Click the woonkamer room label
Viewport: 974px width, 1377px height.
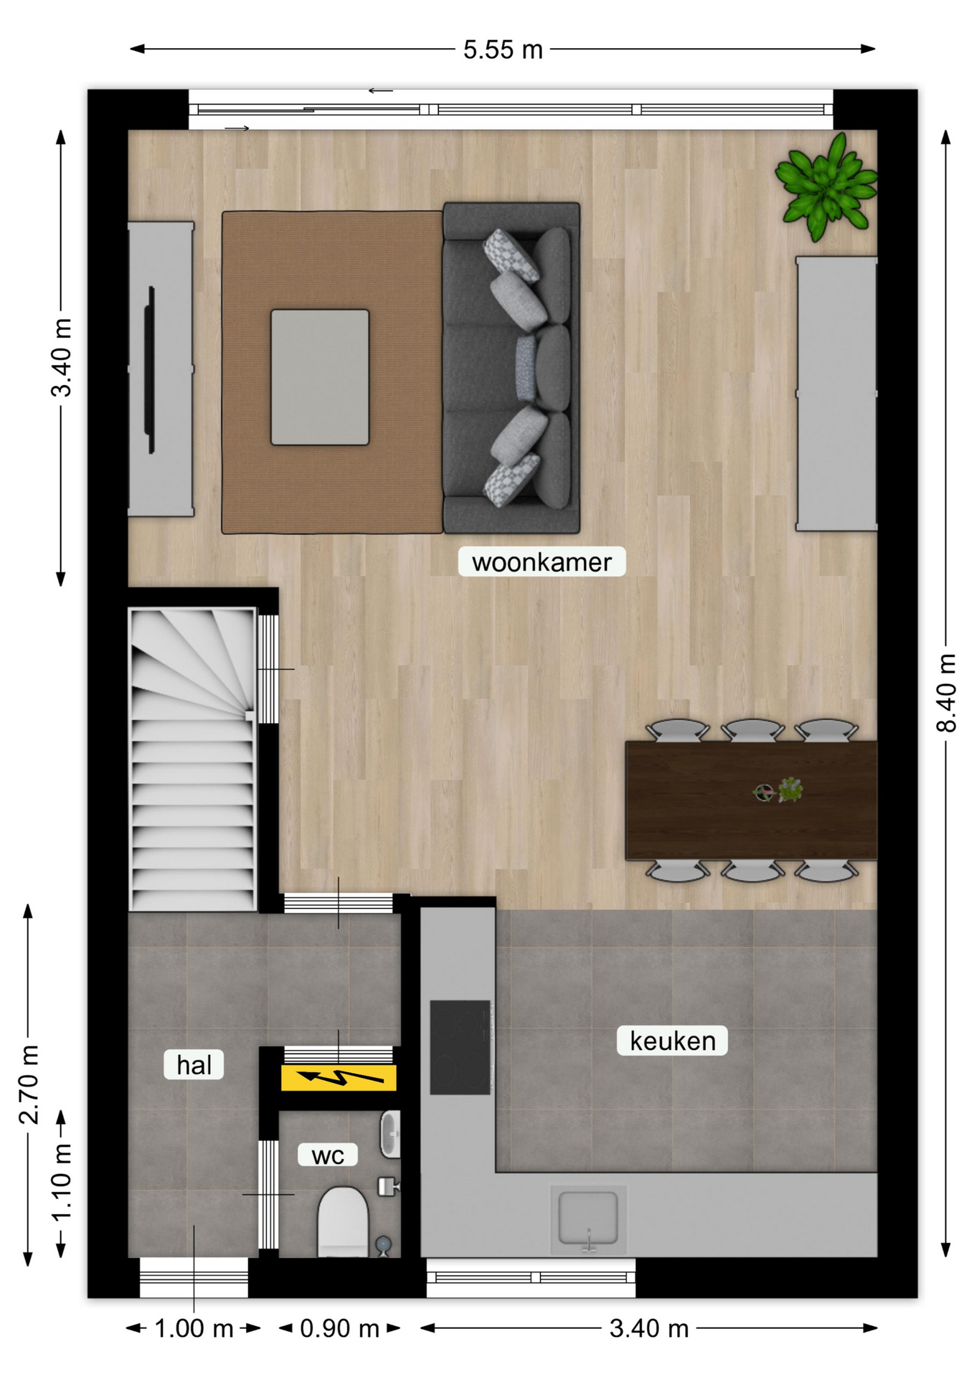(x=542, y=562)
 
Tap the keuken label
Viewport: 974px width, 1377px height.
(x=673, y=1041)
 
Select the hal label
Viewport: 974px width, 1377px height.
(x=194, y=1065)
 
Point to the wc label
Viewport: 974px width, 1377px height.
(x=328, y=1155)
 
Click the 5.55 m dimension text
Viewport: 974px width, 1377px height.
(x=503, y=49)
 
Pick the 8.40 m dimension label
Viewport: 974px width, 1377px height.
(x=946, y=692)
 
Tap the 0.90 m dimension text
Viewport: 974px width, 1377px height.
(x=339, y=1329)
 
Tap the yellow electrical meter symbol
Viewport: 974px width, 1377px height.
(x=339, y=1077)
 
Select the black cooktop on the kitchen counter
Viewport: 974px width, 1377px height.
(x=460, y=1047)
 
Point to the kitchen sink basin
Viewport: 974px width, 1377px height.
(x=588, y=1218)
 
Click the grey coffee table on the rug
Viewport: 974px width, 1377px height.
(x=320, y=377)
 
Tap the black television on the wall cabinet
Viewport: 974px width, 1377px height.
(x=151, y=370)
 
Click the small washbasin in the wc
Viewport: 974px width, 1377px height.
(x=390, y=1134)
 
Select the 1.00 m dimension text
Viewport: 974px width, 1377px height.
(x=194, y=1329)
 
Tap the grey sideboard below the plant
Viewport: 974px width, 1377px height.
(x=837, y=394)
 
